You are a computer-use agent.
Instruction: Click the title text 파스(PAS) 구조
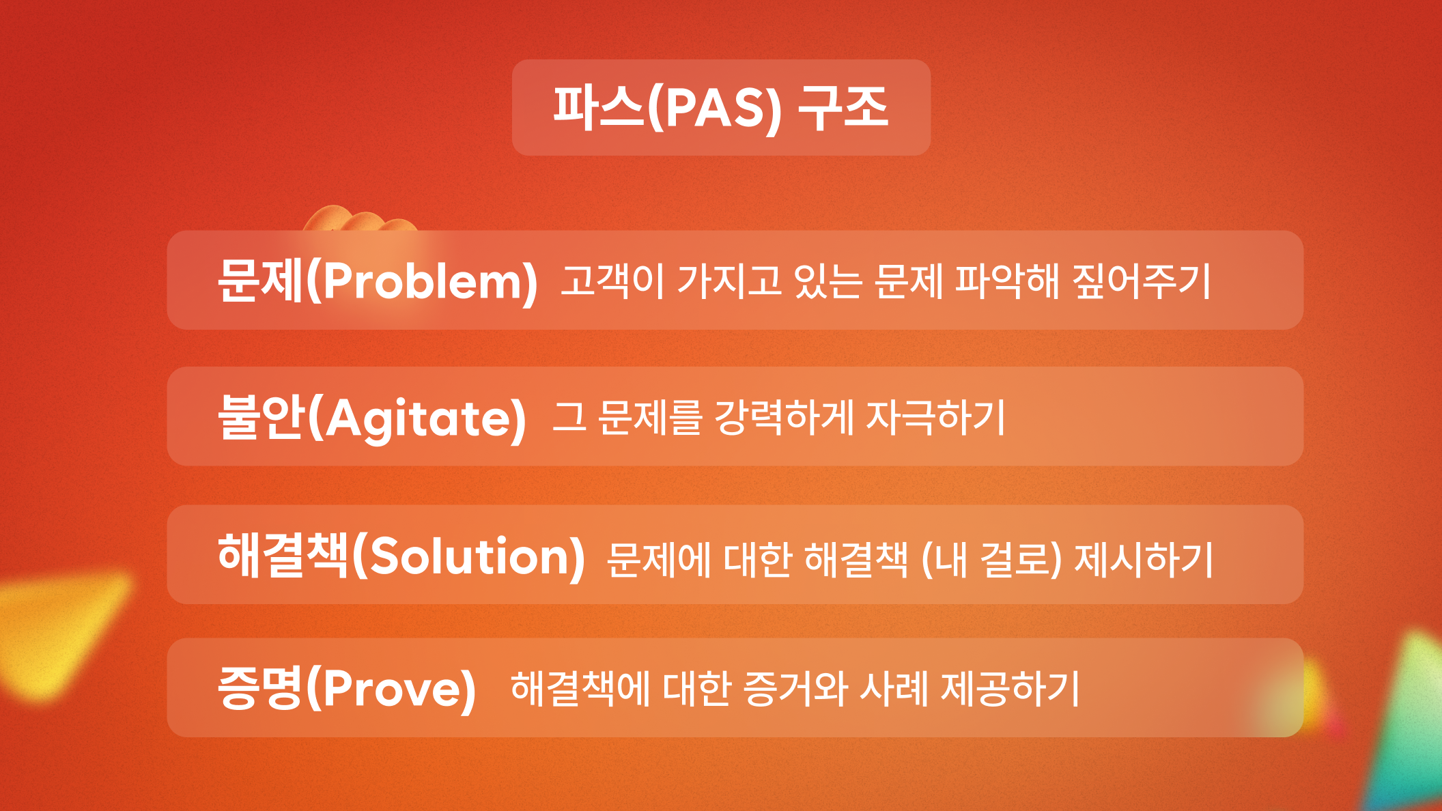pos(721,108)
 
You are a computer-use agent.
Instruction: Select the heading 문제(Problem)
pos(378,281)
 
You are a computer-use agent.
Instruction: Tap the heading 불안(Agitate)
pos(372,417)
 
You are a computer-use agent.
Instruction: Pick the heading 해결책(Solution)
pos(401,556)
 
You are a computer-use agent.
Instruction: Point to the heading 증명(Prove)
pos(347,688)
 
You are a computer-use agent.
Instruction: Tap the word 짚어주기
pos(1142,281)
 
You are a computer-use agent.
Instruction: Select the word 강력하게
pos(784,417)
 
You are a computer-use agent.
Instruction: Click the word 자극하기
pos(935,417)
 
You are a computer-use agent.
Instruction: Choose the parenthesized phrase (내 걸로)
pos(991,560)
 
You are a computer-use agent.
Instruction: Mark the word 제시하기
pos(1144,560)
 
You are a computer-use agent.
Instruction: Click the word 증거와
pos(795,688)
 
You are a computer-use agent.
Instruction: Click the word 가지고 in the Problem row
pos(729,281)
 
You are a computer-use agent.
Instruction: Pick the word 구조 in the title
pos(843,107)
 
